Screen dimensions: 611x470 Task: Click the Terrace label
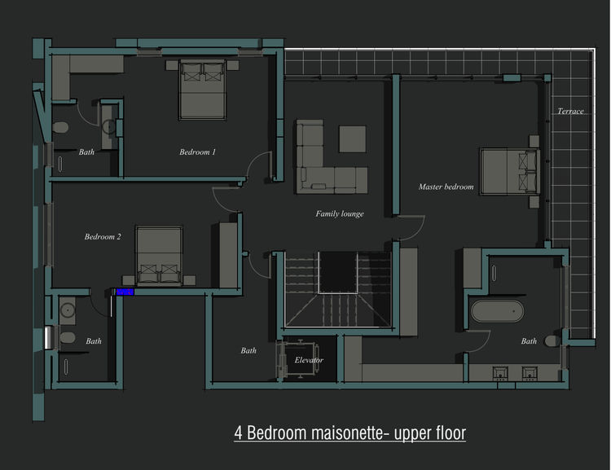click(570, 112)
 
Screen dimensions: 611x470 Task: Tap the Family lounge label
click(340, 213)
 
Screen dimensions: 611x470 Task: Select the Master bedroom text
click(446, 187)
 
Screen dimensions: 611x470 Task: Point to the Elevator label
click(309, 360)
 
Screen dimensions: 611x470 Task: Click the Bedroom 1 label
click(197, 152)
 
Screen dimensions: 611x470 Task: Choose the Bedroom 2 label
click(103, 236)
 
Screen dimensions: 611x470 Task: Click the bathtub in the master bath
click(497, 311)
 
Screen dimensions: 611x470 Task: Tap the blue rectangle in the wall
click(125, 292)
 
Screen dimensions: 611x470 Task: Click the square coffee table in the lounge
click(352, 138)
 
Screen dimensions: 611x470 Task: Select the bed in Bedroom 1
click(202, 90)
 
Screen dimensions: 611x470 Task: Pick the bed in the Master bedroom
click(510, 171)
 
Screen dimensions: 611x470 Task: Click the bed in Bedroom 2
click(159, 255)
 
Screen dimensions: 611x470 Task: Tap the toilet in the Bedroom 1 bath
click(60, 127)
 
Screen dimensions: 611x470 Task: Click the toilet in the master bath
click(552, 341)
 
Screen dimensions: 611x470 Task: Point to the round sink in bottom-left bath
click(68, 310)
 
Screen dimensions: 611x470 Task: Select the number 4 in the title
click(238, 433)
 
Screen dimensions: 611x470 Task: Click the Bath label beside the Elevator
click(248, 351)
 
